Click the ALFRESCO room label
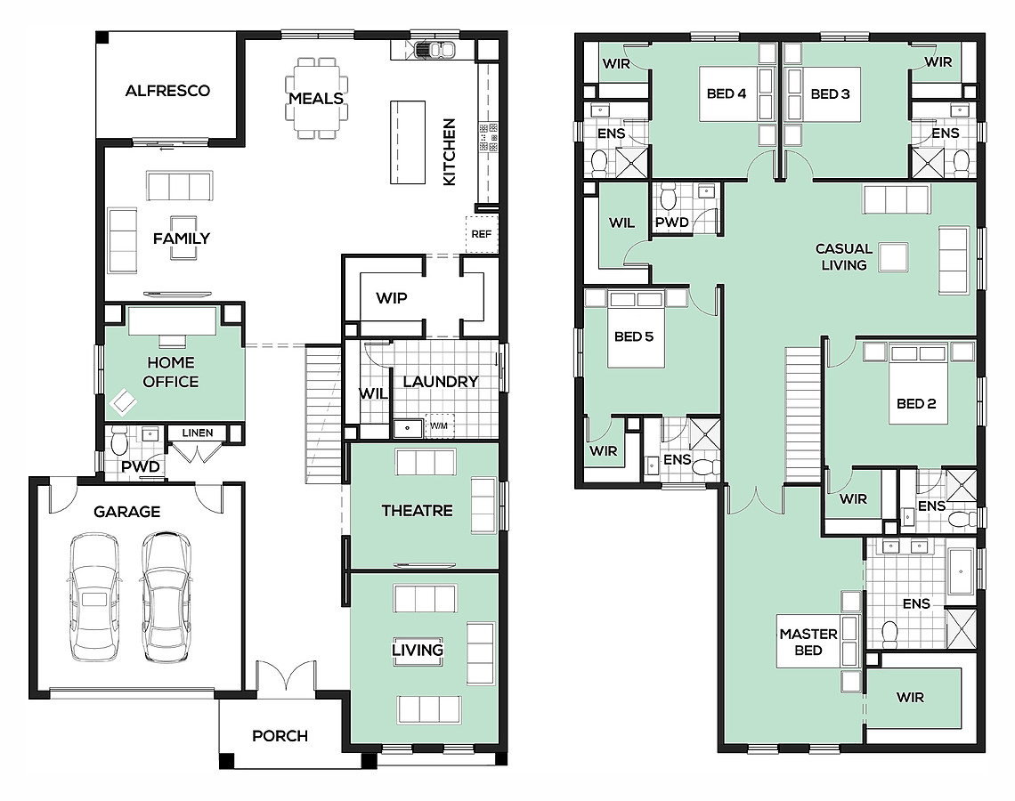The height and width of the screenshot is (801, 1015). tap(167, 91)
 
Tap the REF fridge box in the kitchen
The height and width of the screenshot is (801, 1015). tap(482, 233)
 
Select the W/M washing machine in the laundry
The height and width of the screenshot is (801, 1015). tap(439, 425)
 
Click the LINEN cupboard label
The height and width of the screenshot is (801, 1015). tap(198, 433)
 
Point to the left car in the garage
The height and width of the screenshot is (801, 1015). tap(93, 596)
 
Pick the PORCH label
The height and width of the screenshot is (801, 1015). tap(280, 736)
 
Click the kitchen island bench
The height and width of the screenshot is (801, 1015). tap(408, 142)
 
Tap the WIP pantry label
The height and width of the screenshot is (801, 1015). tap(392, 298)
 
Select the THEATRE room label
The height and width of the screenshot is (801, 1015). tap(417, 511)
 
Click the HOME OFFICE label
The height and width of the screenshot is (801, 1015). tap(171, 372)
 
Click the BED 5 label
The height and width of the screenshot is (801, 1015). tap(634, 336)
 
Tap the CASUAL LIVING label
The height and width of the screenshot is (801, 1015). tap(843, 257)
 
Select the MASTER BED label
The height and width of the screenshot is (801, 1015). tap(808, 642)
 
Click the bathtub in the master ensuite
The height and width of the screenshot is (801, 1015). tap(962, 571)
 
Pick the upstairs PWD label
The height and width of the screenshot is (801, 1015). tap(672, 222)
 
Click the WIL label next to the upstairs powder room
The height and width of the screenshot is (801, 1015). tap(621, 222)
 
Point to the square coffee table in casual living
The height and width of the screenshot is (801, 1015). tap(893, 257)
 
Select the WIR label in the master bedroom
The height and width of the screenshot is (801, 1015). tap(910, 698)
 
